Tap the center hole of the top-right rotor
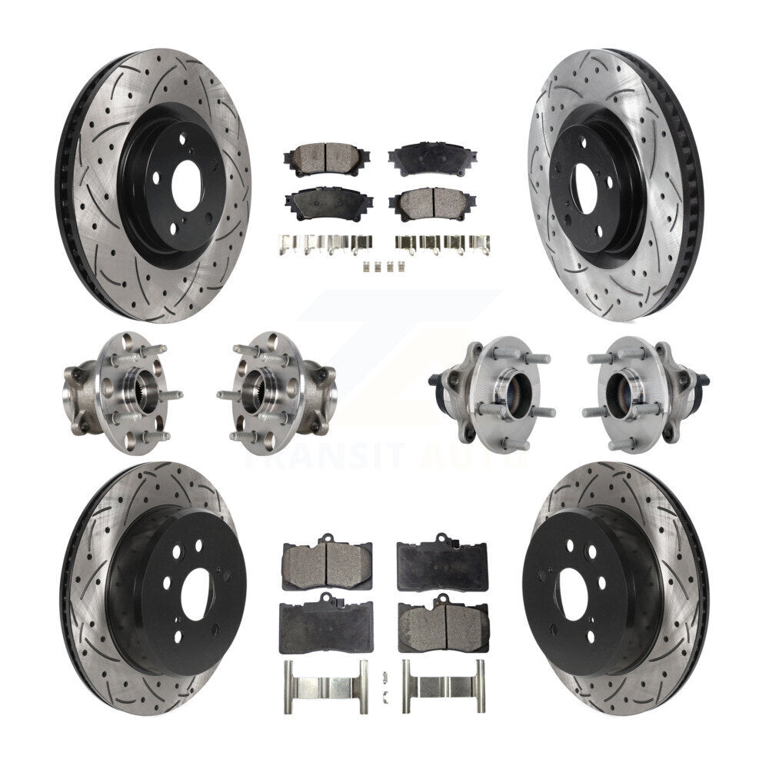pyautogui.click(x=588, y=187)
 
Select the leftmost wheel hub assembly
pyautogui.click(x=119, y=392)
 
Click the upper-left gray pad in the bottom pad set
pyautogui.click(x=327, y=564)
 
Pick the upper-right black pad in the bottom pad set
pyautogui.click(x=441, y=563)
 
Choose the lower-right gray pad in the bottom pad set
pyautogui.click(x=442, y=624)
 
